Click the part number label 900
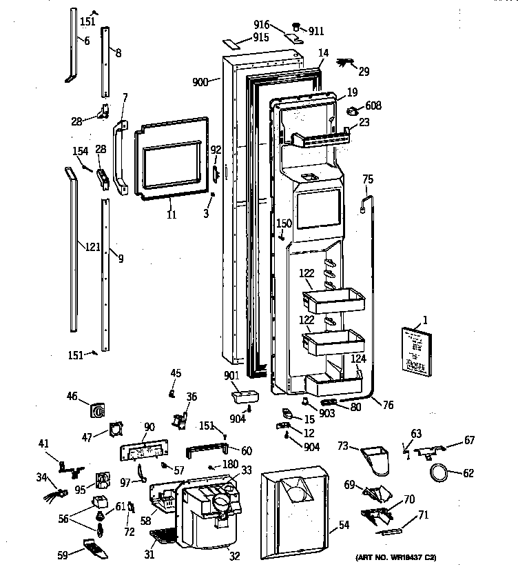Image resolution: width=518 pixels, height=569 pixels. coord(200,82)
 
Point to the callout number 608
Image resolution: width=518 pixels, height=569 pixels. coord(373,106)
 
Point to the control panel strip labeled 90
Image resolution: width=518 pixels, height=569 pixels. coord(144,452)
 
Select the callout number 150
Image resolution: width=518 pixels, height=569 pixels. coord(284,223)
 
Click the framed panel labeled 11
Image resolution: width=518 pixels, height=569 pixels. coord(169,159)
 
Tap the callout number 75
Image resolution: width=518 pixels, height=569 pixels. coord(368,179)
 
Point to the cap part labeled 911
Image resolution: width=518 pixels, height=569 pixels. coord(298,29)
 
